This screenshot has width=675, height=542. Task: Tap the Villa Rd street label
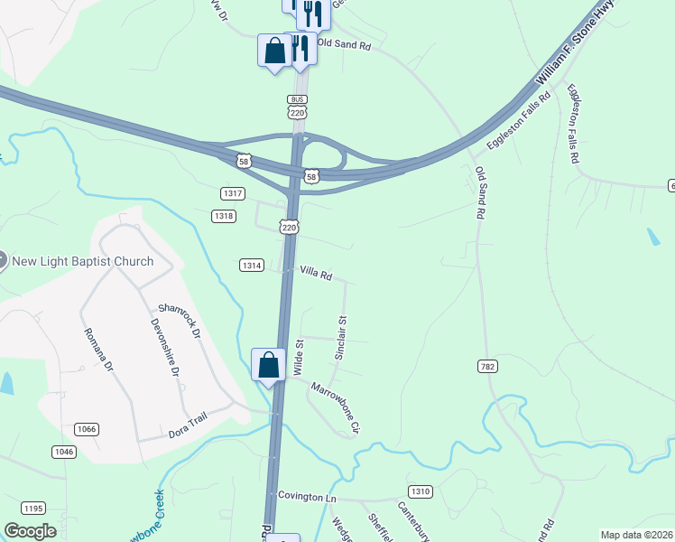click(x=316, y=273)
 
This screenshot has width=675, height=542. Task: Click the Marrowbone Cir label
click(x=336, y=406)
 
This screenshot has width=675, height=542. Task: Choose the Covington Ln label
click(x=307, y=497)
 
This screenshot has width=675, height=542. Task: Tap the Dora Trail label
click(x=188, y=434)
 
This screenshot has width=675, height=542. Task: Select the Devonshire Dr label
click(x=165, y=347)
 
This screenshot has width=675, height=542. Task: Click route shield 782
click(x=488, y=366)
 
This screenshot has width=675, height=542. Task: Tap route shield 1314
click(x=252, y=265)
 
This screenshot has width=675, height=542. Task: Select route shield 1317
click(x=233, y=193)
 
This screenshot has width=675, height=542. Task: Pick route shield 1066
click(x=88, y=429)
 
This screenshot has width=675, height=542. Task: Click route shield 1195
click(x=33, y=509)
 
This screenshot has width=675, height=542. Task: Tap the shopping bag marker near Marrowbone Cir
click(x=269, y=366)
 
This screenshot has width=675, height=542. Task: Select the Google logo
click(x=30, y=531)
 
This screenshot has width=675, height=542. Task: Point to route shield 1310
click(x=420, y=491)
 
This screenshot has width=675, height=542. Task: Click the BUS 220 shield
click(x=297, y=107)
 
